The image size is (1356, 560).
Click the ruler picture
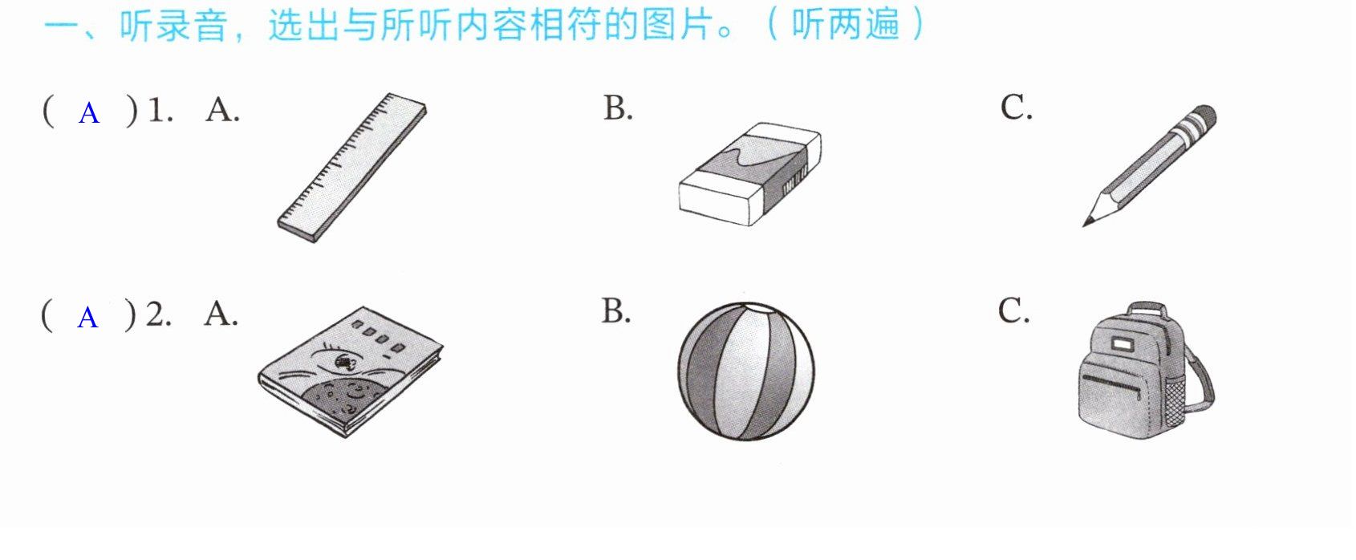351,168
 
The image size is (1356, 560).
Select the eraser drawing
750,174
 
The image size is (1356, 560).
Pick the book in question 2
350,371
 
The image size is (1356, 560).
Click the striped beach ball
746,371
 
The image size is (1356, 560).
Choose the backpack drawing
1146,371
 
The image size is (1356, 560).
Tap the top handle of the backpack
1147,310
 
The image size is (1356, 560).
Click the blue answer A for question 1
88,113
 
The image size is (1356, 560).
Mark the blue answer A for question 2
87,318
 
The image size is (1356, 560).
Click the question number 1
160,111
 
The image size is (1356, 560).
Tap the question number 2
158,314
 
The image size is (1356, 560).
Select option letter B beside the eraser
618,108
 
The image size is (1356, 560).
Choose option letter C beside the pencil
1016,108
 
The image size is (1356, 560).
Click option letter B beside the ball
615,311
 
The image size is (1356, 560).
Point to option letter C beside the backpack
1013,310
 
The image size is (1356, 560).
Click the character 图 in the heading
660,26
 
